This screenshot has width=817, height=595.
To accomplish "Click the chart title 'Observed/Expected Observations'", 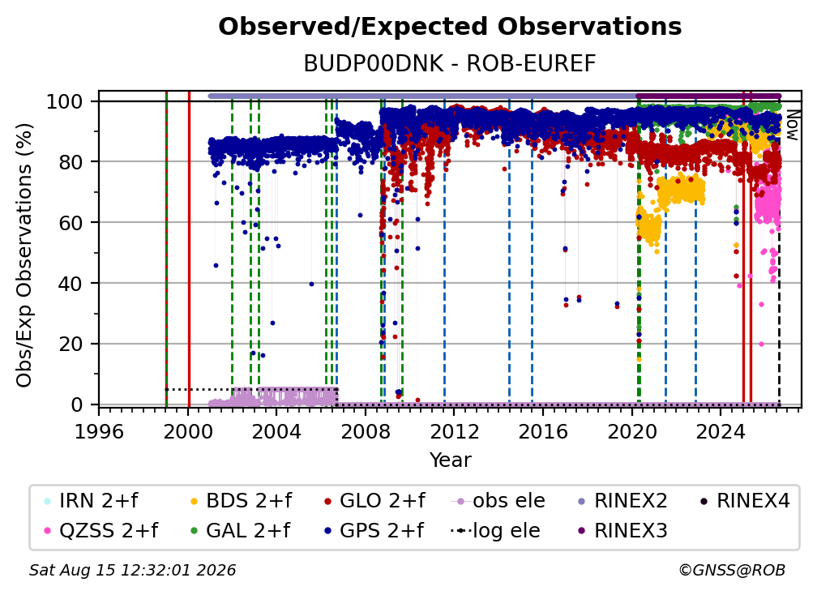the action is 450,27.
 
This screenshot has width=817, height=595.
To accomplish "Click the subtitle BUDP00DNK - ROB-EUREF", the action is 450,63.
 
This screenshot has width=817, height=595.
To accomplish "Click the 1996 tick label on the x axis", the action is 99,431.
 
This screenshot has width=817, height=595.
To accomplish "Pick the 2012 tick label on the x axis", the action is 454,431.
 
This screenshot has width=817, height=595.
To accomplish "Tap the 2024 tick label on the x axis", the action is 720,431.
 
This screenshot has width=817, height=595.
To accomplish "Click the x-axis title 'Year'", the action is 450,460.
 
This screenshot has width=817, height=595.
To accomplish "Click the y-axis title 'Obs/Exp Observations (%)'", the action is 24,255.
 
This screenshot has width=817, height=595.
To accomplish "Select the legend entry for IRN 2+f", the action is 92,501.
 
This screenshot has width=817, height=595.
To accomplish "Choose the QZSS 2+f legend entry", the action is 101,530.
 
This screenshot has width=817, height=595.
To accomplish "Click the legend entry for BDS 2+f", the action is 242,501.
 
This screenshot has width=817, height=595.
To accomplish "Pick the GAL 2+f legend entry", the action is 241,530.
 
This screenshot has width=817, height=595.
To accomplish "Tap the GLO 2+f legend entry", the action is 374,501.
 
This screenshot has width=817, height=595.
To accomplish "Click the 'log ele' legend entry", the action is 495,530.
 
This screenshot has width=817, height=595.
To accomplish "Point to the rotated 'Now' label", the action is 791,125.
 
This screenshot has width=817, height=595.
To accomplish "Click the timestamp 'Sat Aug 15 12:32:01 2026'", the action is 132,570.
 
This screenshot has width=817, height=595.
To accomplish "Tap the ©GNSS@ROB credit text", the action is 732,570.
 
